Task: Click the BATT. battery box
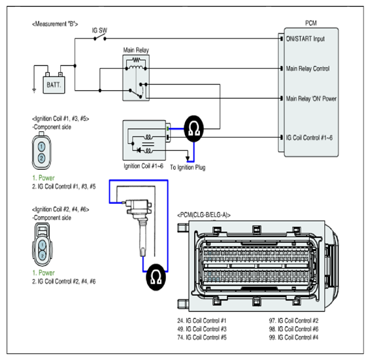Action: [54, 85]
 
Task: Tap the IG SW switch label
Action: [99, 31]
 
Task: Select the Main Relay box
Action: [136, 78]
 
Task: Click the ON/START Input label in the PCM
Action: [305, 39]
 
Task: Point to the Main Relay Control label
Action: [307, 69]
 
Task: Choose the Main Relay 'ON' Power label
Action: [311, 99]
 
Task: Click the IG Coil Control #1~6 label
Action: [309, 138]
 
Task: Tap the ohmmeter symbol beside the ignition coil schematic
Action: [193, 129]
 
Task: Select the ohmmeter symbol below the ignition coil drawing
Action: [156, 277]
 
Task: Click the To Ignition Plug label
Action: [188, 167]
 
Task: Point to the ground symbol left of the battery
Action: [34, 90]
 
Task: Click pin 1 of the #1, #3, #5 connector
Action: [42, 146]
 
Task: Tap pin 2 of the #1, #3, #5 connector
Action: [42, 157]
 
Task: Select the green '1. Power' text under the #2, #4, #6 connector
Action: [43, 272]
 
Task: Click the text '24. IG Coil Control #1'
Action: [202, 321]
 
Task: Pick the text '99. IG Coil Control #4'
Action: [294, 337]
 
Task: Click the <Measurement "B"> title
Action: [55, 24]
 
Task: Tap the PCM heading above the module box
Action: [311, 23]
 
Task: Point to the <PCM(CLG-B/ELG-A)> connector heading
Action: [204, 215]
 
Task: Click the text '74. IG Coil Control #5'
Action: [202, 337]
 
